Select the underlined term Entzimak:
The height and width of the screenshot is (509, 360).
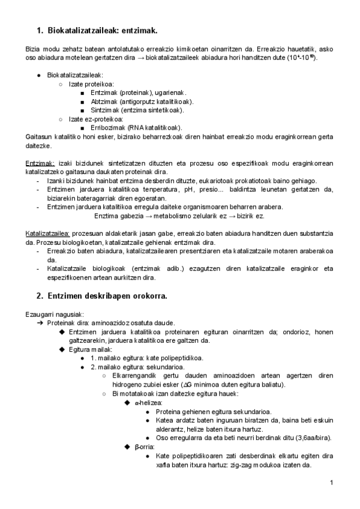coord(40,163)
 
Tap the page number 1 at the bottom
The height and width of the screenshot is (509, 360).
coord(332,483)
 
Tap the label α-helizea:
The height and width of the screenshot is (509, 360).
coord(145,403)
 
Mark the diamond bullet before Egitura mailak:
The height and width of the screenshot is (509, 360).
coord(62,349)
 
